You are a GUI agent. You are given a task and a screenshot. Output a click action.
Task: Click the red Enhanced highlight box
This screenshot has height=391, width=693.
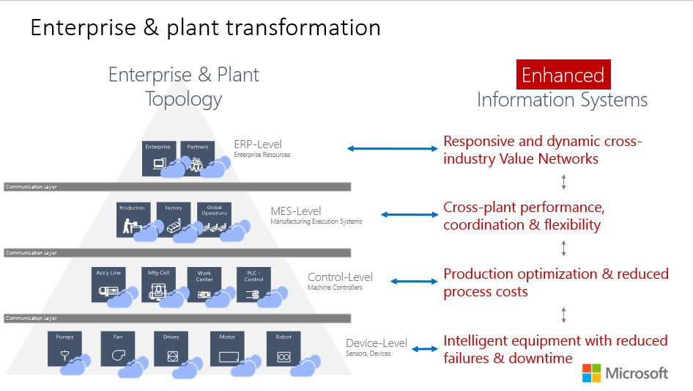pos(563,75)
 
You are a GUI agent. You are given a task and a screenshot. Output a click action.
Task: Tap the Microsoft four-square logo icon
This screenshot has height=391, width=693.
pos(591,373)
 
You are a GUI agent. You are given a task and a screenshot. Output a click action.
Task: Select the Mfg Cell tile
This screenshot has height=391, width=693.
pos(158,285)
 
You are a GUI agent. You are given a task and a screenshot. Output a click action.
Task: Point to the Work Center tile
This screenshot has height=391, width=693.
pos(204,285)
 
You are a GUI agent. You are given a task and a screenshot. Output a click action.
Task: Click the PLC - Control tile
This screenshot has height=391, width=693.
pos(253,285)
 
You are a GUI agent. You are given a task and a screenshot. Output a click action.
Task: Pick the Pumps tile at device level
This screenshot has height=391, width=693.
pos(65,349)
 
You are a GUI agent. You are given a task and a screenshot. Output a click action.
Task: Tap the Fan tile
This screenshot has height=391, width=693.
pos(119,349)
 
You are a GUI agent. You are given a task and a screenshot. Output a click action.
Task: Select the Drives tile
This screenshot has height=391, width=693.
pos(172,349)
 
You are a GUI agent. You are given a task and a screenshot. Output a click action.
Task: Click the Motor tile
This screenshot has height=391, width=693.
pos(228,349)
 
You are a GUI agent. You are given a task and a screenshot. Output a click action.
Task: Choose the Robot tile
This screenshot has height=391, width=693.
pos(283,349)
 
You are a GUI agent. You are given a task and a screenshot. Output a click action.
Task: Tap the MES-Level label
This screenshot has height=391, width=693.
pos(295,211)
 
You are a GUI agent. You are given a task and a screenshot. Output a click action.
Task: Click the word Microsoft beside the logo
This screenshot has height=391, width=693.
pos(637,373)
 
